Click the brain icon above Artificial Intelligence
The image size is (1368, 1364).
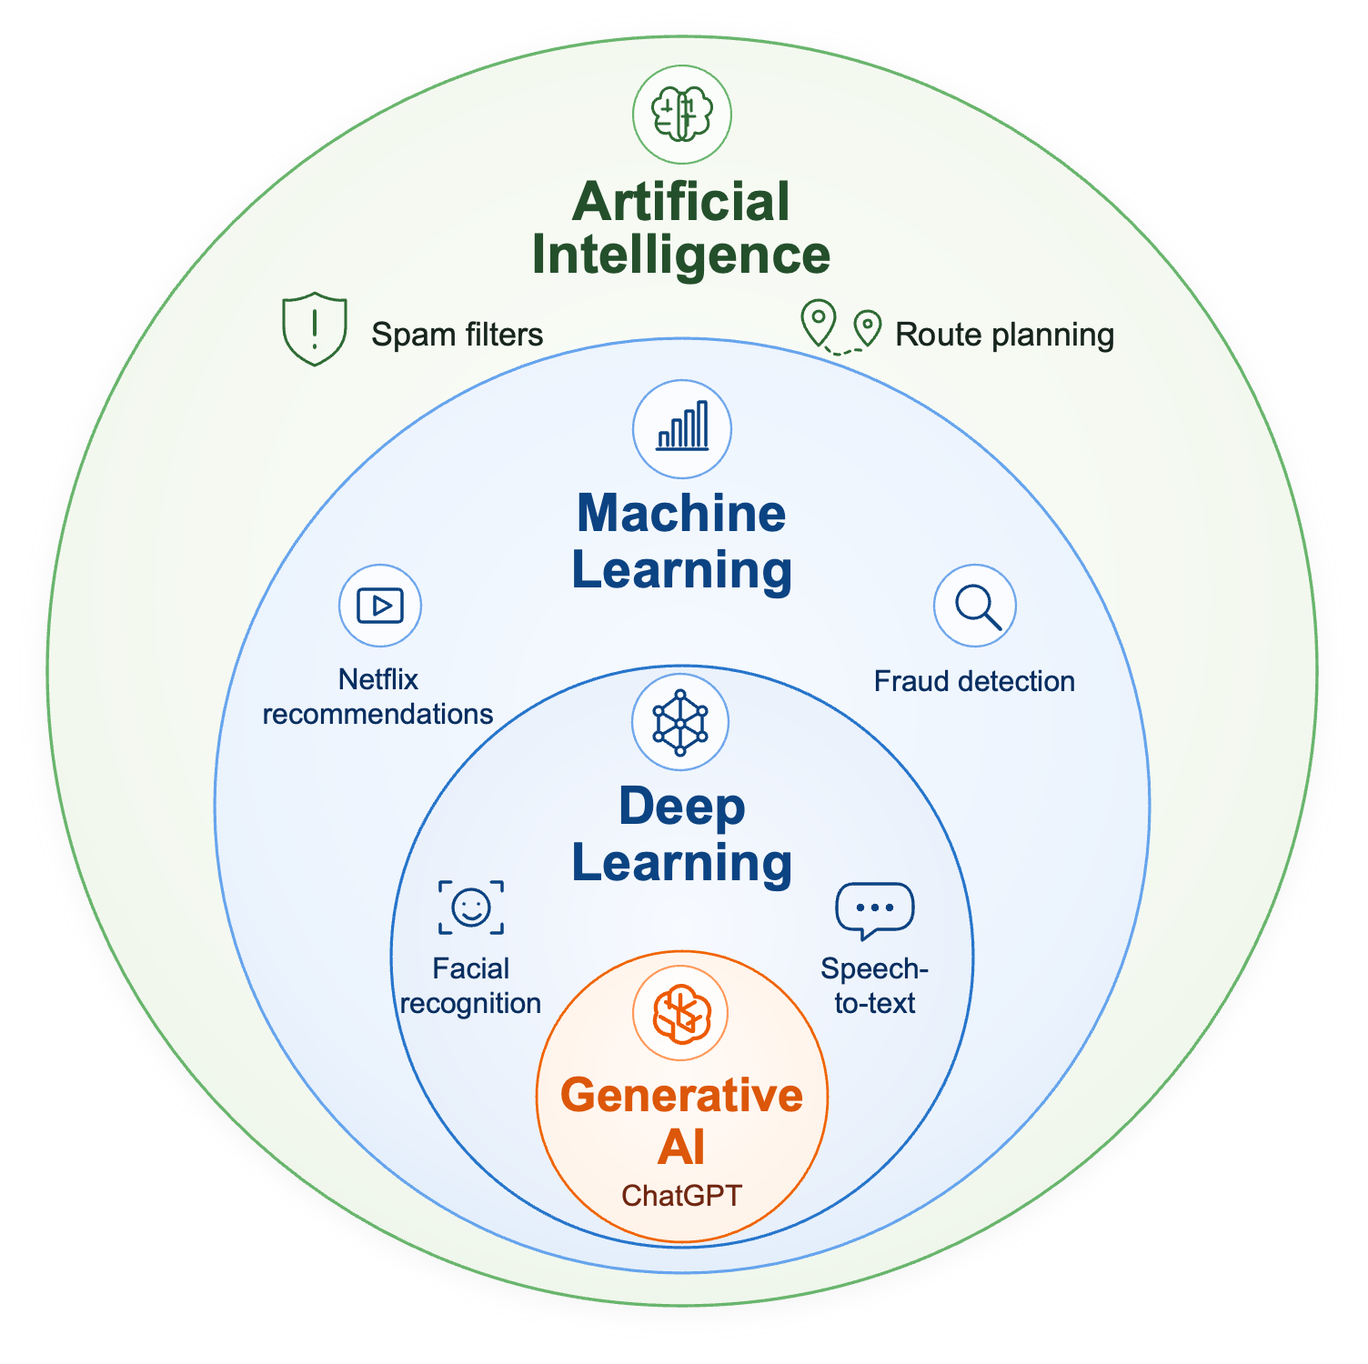[682, 115]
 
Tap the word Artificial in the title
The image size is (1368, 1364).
[681, 202]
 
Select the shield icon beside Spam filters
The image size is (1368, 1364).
[315, 328]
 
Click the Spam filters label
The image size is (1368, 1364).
[457, 335]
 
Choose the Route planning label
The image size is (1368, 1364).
[1004, 335]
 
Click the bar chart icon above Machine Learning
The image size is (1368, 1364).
[682, 428]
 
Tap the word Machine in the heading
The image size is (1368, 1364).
[681, 514]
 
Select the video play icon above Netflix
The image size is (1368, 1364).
[380, 606]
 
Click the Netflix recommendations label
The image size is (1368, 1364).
[377, 697]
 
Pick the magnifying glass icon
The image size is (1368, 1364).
[975, 606]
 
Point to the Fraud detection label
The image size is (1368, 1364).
[974, 681]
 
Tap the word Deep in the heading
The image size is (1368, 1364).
[681, 807]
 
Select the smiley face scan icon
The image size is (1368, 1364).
[471, 907]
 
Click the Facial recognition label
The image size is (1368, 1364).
[471, 986]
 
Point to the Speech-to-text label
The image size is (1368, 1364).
[875, 986]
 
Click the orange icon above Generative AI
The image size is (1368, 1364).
[681, 1013]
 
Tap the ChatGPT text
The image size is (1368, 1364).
[682, 1194]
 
